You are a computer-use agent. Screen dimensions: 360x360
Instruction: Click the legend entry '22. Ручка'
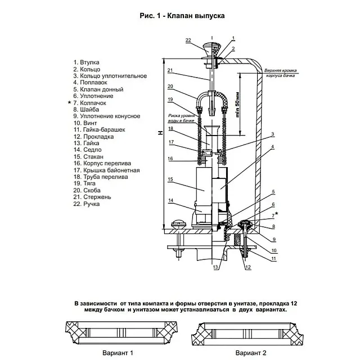(x=87, y=204)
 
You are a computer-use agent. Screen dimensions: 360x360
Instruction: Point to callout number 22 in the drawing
(x=188, y=39)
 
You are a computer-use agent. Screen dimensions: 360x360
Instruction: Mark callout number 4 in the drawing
(x=272, y=147)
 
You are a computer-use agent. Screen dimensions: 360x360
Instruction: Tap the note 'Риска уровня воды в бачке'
(x=179, y=117)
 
